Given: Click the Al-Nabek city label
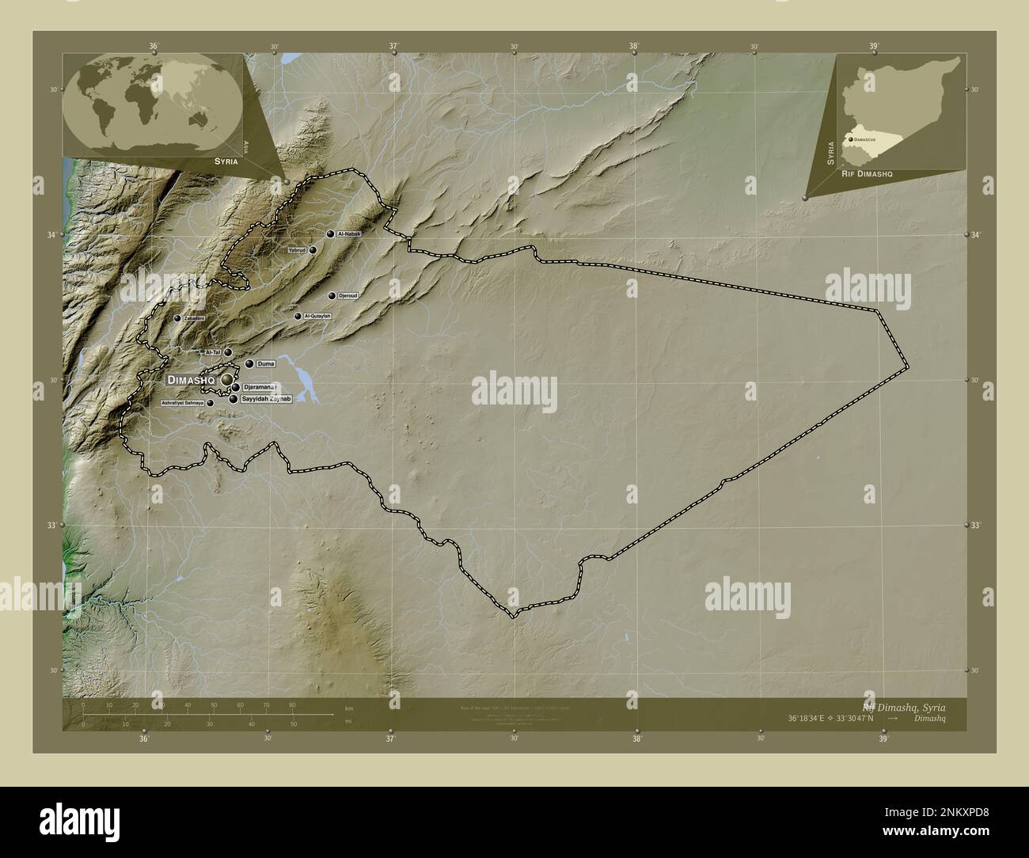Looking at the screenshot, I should point(349,234).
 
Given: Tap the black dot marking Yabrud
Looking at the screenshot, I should point(313,250).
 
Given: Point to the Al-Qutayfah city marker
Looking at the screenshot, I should point(298,317).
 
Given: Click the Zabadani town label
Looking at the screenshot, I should point(194,318).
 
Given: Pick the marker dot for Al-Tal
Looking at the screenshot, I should point(228,352).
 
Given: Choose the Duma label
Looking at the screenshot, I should point(266,364).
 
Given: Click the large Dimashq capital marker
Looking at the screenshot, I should point(227,381).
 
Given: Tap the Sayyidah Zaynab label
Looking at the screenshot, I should point(267,399).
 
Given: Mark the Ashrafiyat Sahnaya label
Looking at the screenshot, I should point(182,403).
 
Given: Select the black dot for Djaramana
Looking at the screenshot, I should point(236,387).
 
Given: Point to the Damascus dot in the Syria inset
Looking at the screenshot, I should point(850,139).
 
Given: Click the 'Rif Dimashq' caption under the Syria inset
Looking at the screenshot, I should point(867,173).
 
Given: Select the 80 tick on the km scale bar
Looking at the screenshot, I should point(292,705).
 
